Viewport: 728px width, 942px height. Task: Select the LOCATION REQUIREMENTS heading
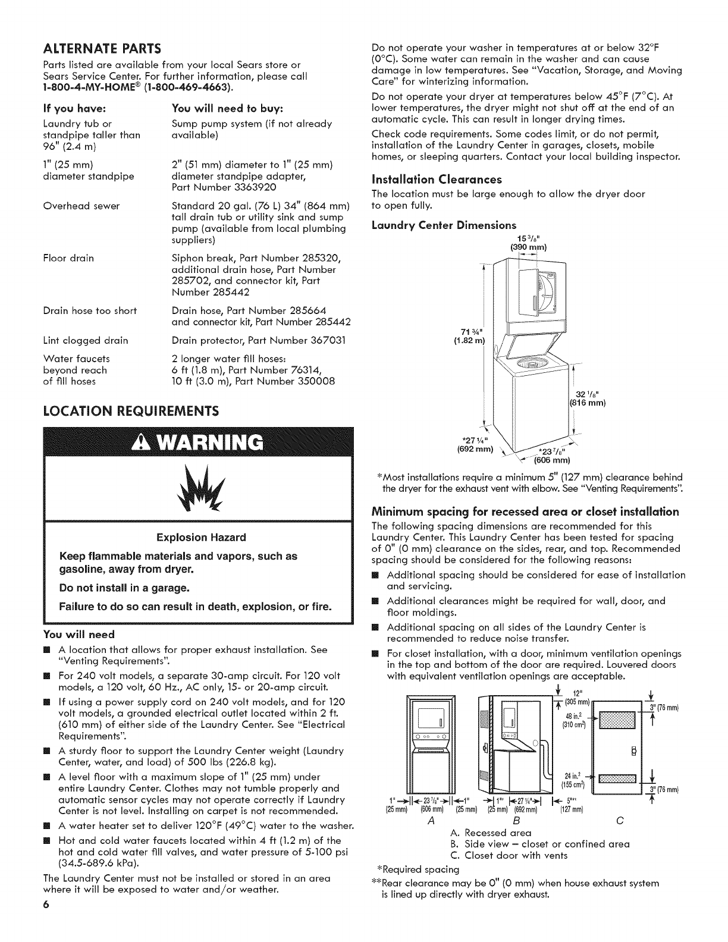pyautogui.click(x=131, y=411)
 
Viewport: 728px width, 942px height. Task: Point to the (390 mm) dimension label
pyautogui.click(x=528, y=247)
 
